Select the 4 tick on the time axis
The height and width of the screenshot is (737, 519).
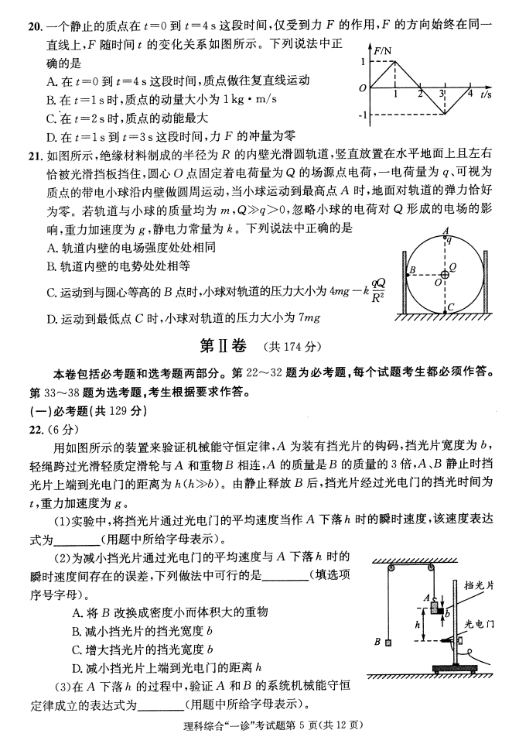pos(470,94)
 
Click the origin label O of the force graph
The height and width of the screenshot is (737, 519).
pos(362,88)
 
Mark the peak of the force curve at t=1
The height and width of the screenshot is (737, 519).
pos(395,61)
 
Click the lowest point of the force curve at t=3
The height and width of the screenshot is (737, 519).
pos(446,115)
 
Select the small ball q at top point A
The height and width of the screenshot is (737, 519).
pos(446,239)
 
